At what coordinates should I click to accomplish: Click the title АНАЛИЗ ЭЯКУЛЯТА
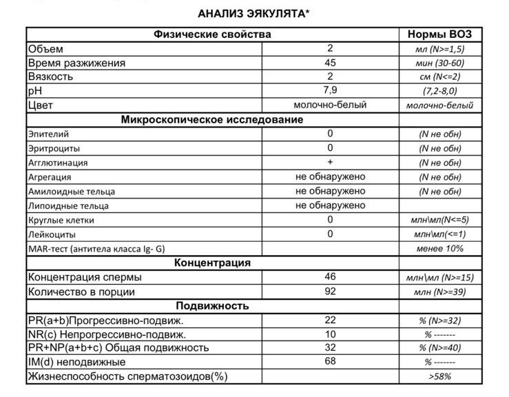[253, 13]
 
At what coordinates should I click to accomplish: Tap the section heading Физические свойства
[212, 34]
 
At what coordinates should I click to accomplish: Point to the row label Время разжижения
[76, 63]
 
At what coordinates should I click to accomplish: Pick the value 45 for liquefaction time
[331, 63]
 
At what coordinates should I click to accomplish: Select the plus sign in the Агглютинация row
[331, 162]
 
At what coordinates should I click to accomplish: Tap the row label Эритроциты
[54, 148]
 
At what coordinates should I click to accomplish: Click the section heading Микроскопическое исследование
[212, 120]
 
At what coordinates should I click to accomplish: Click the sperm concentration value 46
[331, 277]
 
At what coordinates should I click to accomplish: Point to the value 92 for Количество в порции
[331, 292]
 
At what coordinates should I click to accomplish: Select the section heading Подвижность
[212, 306]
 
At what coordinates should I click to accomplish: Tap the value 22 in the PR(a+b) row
[331, 320]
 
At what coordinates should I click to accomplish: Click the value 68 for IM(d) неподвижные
[331, 362]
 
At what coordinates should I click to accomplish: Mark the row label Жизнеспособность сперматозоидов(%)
[127, 376]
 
